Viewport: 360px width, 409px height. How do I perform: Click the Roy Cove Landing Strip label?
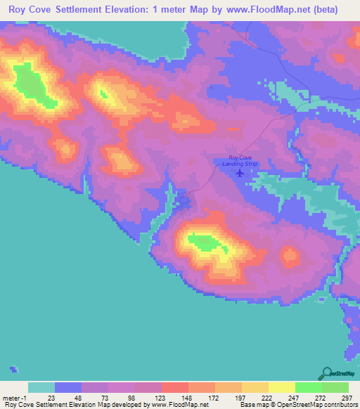[236, 160]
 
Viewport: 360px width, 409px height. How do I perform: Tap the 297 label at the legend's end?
[347, 397]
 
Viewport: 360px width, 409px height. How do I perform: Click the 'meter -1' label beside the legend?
[15, 397]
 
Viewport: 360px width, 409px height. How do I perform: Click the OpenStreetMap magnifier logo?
[327, 372]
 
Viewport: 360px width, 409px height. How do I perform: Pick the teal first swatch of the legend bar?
[41, 387]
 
